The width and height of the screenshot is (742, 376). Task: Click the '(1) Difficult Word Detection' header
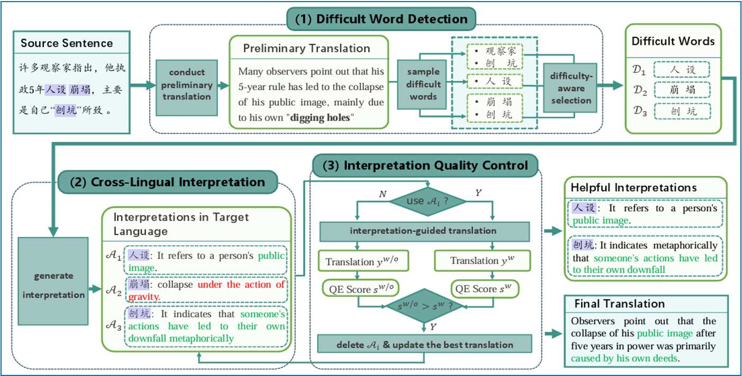coord(381,20)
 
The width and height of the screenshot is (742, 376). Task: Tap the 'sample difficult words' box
coord(423,85)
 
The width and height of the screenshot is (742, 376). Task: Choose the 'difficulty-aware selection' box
coord(571,88)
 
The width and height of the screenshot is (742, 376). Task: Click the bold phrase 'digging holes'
coord(321,118)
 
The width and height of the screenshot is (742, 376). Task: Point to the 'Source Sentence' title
coord(67,43)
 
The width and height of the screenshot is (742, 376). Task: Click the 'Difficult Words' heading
coord(673,41)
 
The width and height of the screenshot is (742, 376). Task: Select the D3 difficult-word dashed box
coord(682,111)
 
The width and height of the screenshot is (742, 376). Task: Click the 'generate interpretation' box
coord(53,285)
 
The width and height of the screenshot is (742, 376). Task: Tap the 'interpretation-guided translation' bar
coord(423,231)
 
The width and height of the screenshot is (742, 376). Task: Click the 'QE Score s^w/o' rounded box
coord(360,288)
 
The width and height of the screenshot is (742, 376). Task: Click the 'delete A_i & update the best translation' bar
coord(424,345)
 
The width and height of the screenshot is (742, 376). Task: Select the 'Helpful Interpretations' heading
coord(633,188)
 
